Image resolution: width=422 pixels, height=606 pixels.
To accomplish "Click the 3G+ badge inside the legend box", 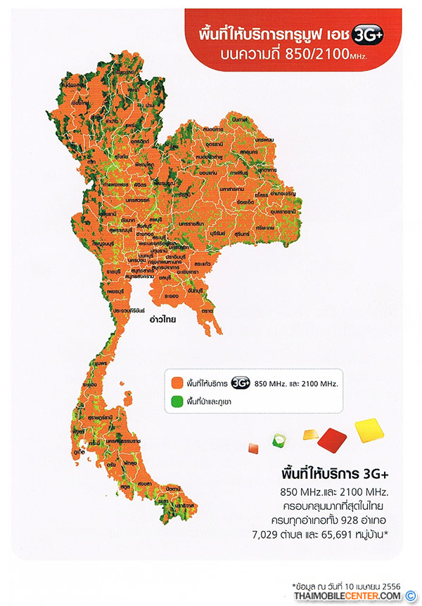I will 241,383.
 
